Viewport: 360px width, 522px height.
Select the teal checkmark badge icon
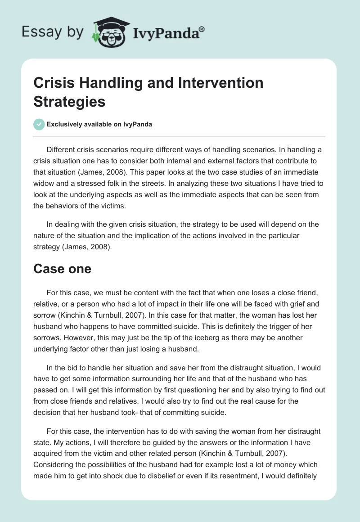point(39,125)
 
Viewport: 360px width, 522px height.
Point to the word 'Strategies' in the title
point(70,101)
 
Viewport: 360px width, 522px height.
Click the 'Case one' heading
point(63,269)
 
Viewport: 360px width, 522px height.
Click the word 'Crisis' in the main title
point(55,83)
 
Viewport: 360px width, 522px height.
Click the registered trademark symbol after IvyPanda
point(202,29)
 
